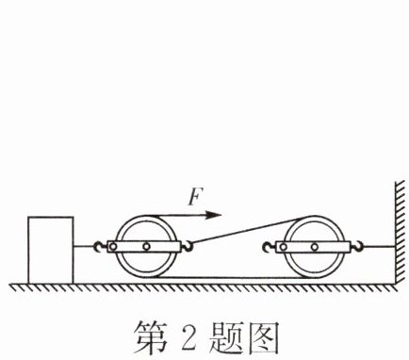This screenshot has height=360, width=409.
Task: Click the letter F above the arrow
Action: pos(195,197)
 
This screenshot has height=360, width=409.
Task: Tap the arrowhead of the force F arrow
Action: pos(214,215)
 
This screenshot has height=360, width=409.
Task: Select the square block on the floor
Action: pos(51,250)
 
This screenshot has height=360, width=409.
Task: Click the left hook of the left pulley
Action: pos(99,247)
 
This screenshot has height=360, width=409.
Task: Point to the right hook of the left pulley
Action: pos(188,246)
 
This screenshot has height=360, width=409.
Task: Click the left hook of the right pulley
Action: pos(269,247)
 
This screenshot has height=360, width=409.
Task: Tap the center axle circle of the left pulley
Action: pos(146,247)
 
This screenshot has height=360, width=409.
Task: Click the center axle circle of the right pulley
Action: pos(315,247)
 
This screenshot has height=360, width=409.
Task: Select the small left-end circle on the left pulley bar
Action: pos(113,247)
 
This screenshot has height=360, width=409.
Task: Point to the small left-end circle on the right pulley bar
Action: pos(283,247)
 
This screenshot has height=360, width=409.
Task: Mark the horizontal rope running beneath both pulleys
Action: pos(229,278)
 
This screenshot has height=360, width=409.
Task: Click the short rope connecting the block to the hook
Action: pos(84,247)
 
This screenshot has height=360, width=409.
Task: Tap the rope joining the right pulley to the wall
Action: pos(379,247)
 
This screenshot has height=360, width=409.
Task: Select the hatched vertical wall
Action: pos(400,233)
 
